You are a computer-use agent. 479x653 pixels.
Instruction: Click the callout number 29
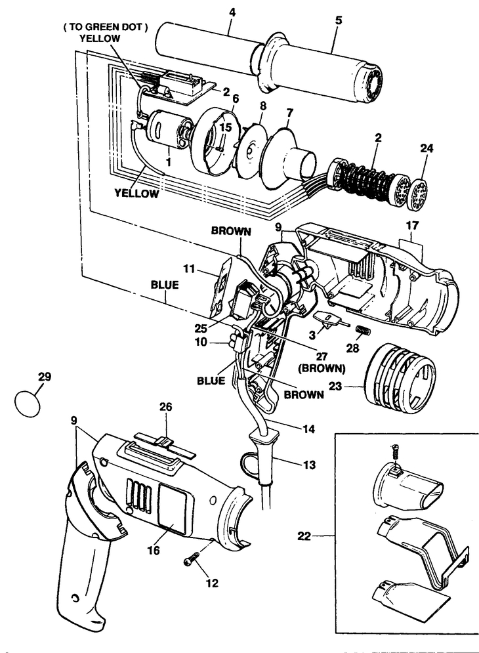coord(45,377)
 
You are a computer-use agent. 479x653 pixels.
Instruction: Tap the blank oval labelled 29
coord(28,403)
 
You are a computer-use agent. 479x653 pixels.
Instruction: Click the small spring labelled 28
coord(364,331)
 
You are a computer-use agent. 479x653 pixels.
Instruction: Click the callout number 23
coord(335,387)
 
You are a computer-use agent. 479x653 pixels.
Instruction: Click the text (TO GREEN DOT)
coord(106,28)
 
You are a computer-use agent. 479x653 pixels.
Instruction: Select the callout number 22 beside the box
coord(304,536)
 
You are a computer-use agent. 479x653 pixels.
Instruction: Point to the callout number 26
coord(166,406)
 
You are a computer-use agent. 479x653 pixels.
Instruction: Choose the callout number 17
coord(412,225)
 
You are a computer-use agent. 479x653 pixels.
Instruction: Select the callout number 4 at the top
coord(232,12)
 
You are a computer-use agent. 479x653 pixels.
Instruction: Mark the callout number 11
coord(189,268)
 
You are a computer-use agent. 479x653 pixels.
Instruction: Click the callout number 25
coord(201,329)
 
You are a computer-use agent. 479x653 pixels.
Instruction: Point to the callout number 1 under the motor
coord(169,159)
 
